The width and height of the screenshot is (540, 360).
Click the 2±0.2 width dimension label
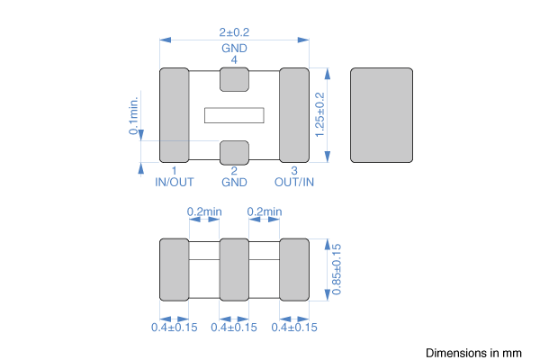pyautogui.click(x=234, y=32)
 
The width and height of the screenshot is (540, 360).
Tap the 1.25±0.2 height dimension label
pyautogui.click(x=319, y=114)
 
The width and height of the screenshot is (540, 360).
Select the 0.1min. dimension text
pyautogui.click(x=133, y=115)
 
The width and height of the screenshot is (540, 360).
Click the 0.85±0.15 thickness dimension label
pyautogui.click(x=337, y=269)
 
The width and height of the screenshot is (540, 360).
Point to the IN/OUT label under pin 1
pyautogui.click(x=175, y=182)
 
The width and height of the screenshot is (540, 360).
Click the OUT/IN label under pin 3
pyautogui.click(x=294, y=182)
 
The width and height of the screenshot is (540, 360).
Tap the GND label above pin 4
pyautogui.click(x=234, y=49)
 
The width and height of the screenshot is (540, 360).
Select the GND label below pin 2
pyautogui.click(x=234, y=182)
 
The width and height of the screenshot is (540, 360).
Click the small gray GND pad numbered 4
pyautogui.click(x=234, y=79)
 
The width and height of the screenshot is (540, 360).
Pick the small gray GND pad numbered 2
pyautogui.click(x=234, y=153)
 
